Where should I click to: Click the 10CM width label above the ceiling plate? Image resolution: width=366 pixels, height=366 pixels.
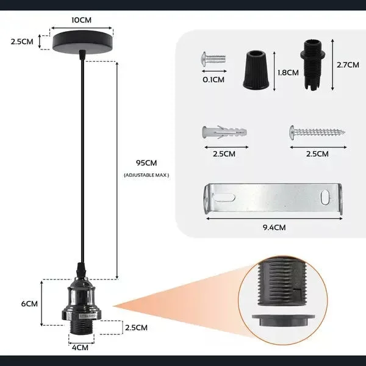82,20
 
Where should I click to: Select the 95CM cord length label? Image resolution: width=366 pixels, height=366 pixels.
147,163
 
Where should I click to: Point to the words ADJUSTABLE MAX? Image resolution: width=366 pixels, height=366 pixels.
146,175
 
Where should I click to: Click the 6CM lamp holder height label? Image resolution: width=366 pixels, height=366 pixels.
23,303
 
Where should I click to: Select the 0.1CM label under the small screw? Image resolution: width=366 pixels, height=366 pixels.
212,79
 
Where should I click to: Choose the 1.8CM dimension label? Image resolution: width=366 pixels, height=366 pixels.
288,73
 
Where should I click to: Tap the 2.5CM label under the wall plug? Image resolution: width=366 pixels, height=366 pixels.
224,154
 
